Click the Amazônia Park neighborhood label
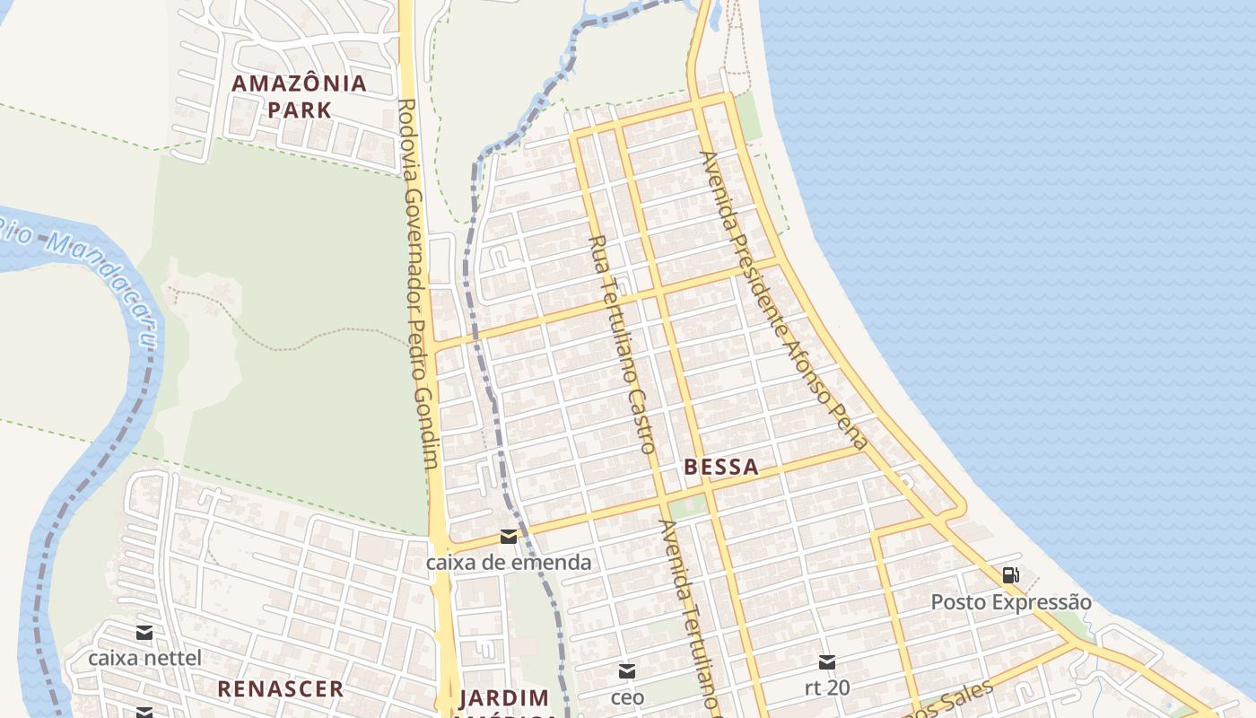pos(299,96)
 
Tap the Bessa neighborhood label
pos(720,467)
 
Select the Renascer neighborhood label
pos(280,688)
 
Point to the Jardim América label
pos(504,700)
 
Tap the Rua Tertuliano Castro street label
pos(623,343)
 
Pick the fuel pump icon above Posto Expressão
pos(1010,575)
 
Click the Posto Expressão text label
pos(1011,601)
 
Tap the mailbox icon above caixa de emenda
pos(509,537)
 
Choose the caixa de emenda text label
pos(509,563)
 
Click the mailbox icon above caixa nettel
pos(144,632)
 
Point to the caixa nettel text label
pos(144,658)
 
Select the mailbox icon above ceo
pos(627,670)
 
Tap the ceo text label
pos(627,696)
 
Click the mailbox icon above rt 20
pos(827,662)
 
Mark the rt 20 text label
pos(827,688)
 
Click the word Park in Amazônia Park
pos(299,109)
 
